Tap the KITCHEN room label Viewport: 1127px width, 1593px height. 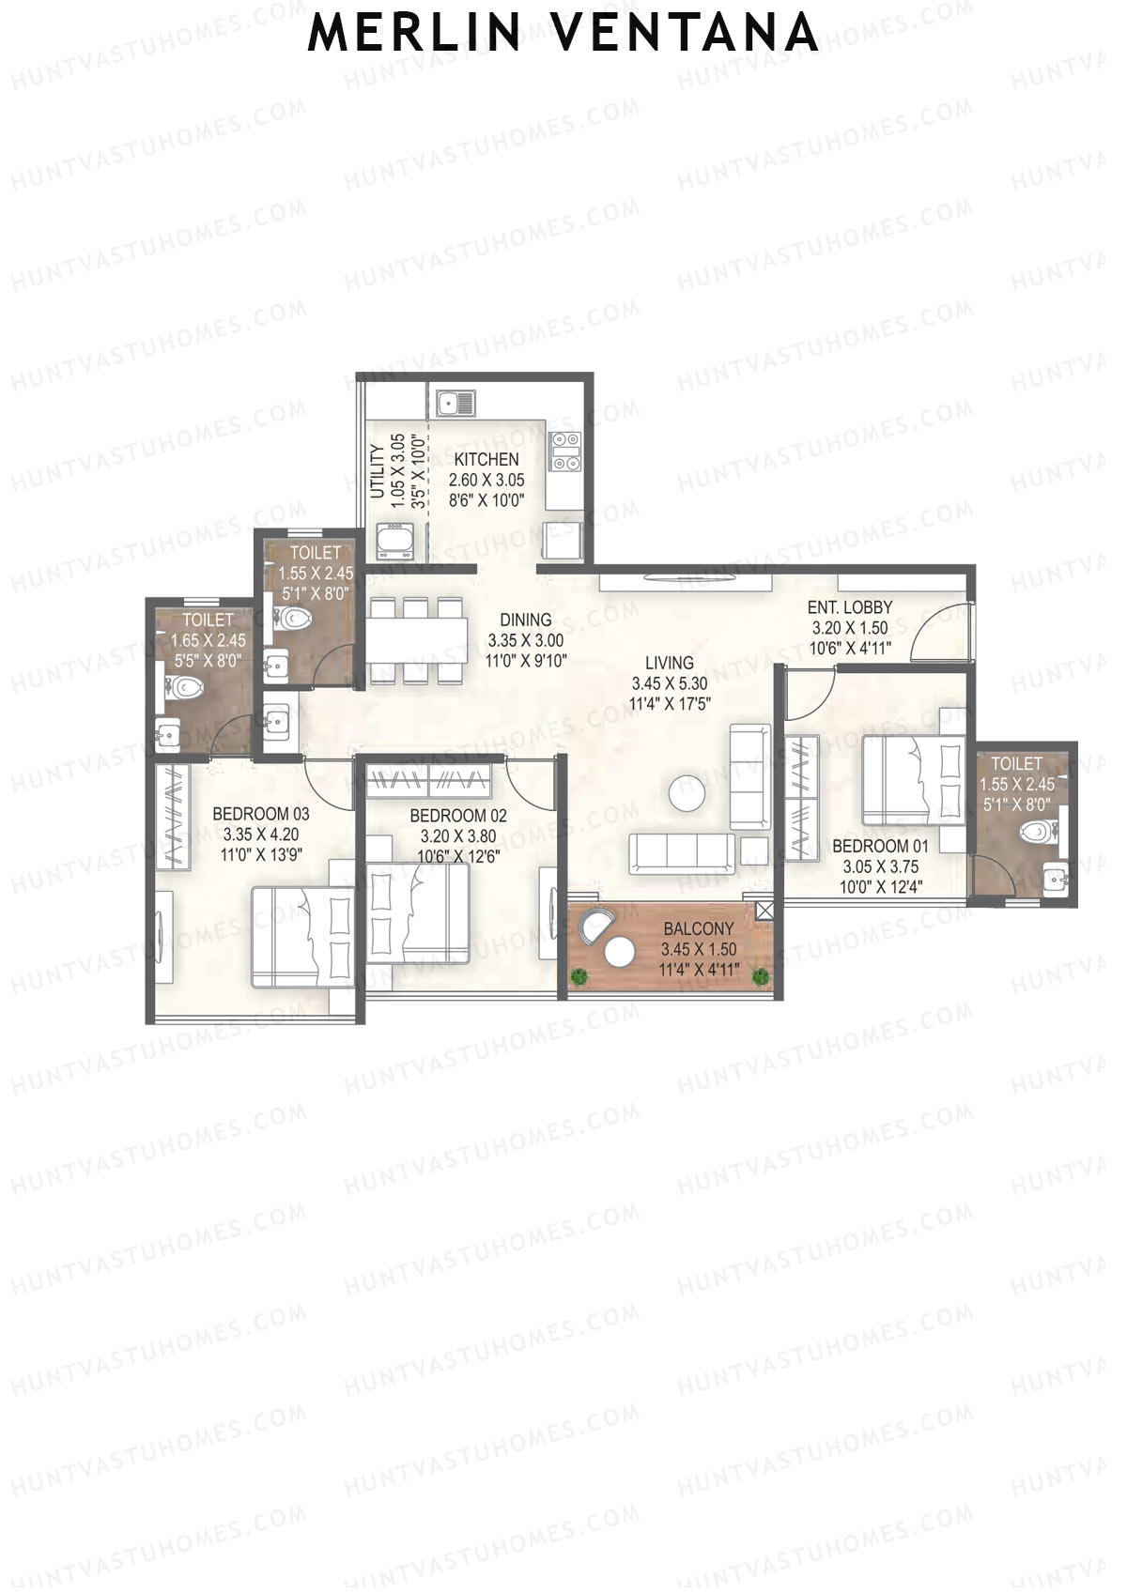pos(486,460)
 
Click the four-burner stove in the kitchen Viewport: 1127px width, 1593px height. pos(566,451)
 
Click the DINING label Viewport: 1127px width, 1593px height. pos(525,620)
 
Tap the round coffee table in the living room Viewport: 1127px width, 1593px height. pos(687,793)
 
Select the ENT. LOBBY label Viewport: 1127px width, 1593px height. pos(849,607)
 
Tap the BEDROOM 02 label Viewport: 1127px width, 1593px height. pos(458,816)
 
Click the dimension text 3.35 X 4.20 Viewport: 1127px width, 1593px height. pos(260,834)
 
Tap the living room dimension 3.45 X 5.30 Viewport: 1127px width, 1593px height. pos(669,684)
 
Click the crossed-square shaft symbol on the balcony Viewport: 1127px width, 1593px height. pos(764,910)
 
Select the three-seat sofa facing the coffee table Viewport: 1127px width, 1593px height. pos(682,852)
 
